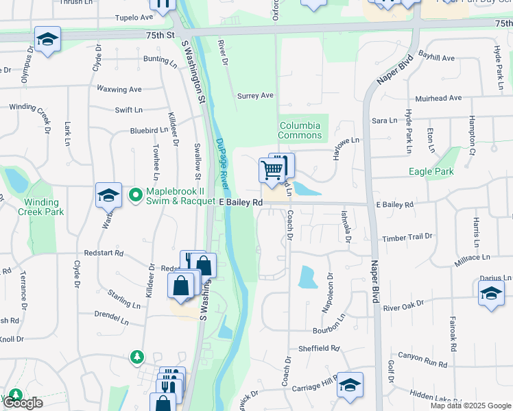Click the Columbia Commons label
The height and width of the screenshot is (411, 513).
(x=300, y=130)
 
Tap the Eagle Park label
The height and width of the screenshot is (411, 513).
(x=431, y=171)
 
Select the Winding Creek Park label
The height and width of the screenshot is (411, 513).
(x=44, y=207)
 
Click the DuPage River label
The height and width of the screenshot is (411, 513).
(x=223, y=165)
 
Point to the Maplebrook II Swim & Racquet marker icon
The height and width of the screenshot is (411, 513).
(x=135, y=196)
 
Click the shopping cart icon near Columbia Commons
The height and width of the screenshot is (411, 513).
(x=273, y=170)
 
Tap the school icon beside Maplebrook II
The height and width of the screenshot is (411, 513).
(x=108, y=196)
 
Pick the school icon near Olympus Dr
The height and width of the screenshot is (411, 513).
(x=47, y=40)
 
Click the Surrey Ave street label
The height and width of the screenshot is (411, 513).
(x=255, y=96)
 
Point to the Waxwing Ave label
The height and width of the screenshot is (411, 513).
(x=119, y=89)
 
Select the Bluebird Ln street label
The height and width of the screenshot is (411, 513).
(x=149, y=130)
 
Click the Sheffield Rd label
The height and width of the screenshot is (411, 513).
(x=320, y=348)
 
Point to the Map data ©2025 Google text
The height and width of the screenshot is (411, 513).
(x=470, y=406)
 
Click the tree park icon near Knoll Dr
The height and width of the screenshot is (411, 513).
(x=138, y=357)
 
